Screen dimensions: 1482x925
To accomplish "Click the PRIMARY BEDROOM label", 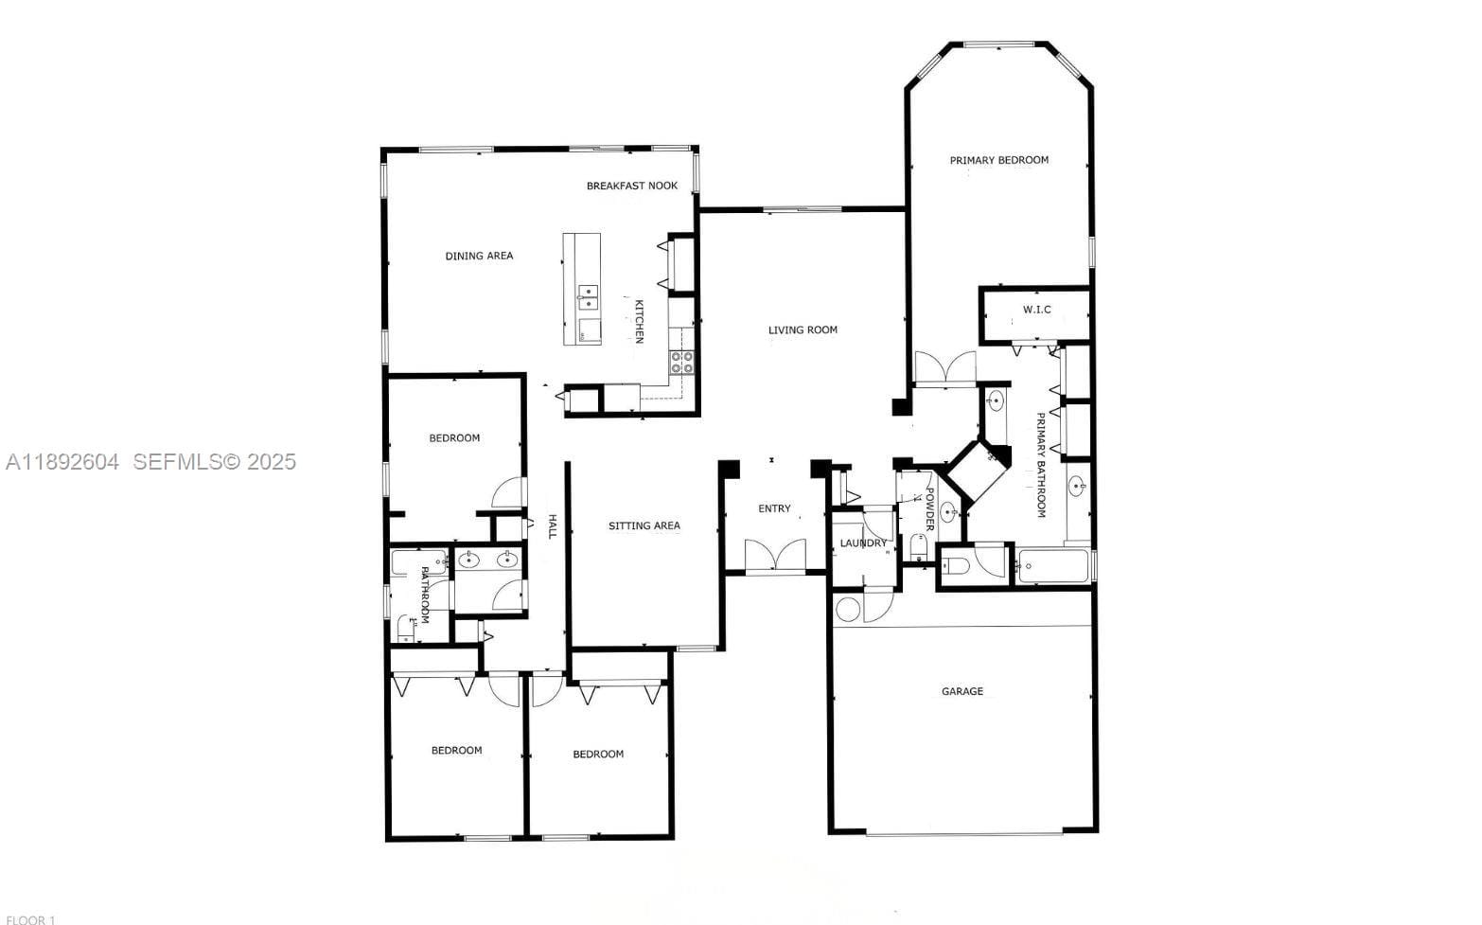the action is (x=999, y=160).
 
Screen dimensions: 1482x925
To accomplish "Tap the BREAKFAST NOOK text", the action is (x=632, y=187).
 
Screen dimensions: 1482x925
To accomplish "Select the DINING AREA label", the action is (x=479, y=257).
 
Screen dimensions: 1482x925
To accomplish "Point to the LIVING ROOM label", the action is (x=803, y=329).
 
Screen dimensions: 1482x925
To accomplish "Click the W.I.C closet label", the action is (x=1037, y=310).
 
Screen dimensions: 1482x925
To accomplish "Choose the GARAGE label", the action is (x=962, y=691).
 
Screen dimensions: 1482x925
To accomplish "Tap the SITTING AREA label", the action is (x=644, y=525).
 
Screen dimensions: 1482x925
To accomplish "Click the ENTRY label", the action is (x=774, y=508).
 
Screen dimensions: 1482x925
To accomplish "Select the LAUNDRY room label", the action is (x=863, y=543).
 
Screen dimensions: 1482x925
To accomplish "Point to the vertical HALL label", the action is (x=553, y=526).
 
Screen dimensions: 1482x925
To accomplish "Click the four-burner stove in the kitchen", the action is (x=682, y=363).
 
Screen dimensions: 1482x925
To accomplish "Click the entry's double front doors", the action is (x=775, y=555).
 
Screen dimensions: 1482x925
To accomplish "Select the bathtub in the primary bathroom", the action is (x=1052, y=566).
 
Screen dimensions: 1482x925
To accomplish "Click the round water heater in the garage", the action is (x=848, y=609).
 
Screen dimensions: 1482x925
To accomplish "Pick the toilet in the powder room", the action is (x=918, y=546).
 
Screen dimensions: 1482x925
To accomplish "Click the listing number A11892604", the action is (x=62, y=461).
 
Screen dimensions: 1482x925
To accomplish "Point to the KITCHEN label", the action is (x=639, y=322).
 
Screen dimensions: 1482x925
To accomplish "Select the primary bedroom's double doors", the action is (x=944, y=368).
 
